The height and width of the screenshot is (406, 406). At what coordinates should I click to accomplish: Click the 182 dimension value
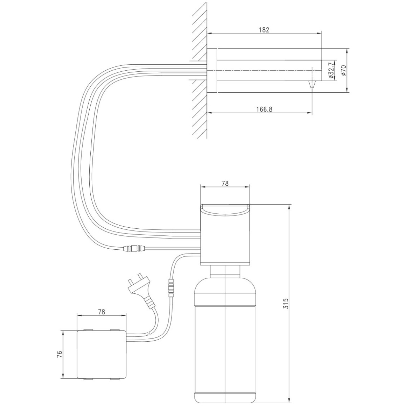(264, 30)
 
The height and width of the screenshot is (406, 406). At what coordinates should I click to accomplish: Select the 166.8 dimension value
(264, 109)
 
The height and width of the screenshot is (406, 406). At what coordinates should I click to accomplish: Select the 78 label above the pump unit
(225, 183)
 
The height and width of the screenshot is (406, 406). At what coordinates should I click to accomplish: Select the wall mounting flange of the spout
(212, 70)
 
